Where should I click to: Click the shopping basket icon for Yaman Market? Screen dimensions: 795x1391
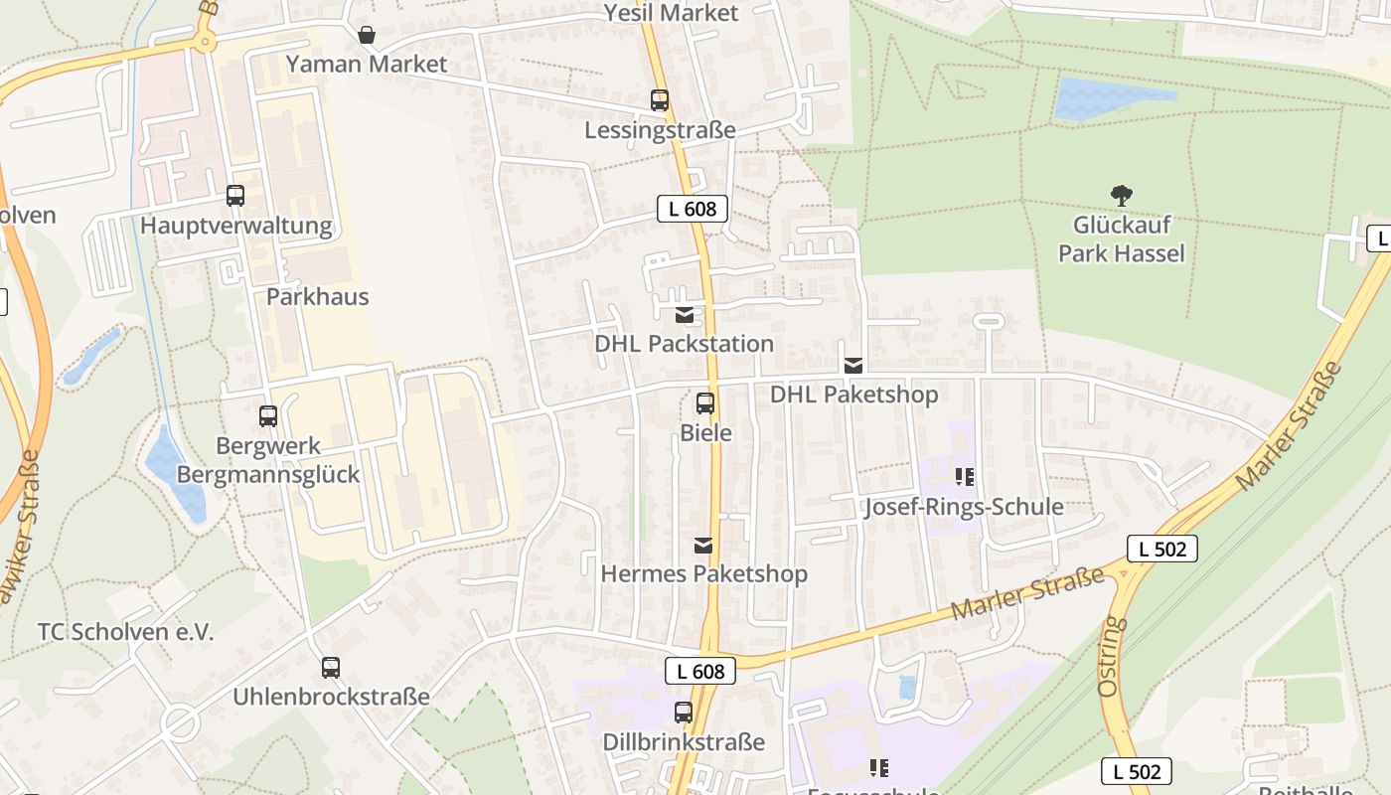pos(367,35)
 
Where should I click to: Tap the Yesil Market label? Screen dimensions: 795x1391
pos(673,13)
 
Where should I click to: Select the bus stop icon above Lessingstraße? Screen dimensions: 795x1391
pos(660,100)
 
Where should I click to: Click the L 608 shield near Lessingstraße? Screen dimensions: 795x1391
pos(693,209)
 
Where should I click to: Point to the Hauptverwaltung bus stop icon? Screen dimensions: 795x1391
pos(235,196)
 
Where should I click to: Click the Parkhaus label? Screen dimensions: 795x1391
pos(317,296)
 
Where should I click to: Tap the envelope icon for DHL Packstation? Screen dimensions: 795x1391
pos(685,315)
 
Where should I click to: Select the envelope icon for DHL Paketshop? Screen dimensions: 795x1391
pos(853,366)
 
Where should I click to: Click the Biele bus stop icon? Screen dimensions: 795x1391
pos(705,403)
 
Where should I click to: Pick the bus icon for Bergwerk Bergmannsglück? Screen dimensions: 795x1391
pos(268,416)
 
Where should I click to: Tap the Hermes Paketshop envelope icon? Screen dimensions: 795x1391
pos(703,545)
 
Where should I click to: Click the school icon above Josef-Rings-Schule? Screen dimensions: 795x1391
pos(964,478)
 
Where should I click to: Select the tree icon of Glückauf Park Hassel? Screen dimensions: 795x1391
pos(1122,196)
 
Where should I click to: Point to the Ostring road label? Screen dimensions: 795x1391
pos(1112,656)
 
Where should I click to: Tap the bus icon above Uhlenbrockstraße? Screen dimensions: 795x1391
pos(331,668)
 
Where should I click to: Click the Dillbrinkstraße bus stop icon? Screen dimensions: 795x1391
pos(684,713)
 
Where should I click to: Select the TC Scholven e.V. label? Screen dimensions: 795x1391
pos(125,632)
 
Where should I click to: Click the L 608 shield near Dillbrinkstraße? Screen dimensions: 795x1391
pos(700,672)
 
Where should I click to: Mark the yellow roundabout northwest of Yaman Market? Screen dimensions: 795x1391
pos(205,41)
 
